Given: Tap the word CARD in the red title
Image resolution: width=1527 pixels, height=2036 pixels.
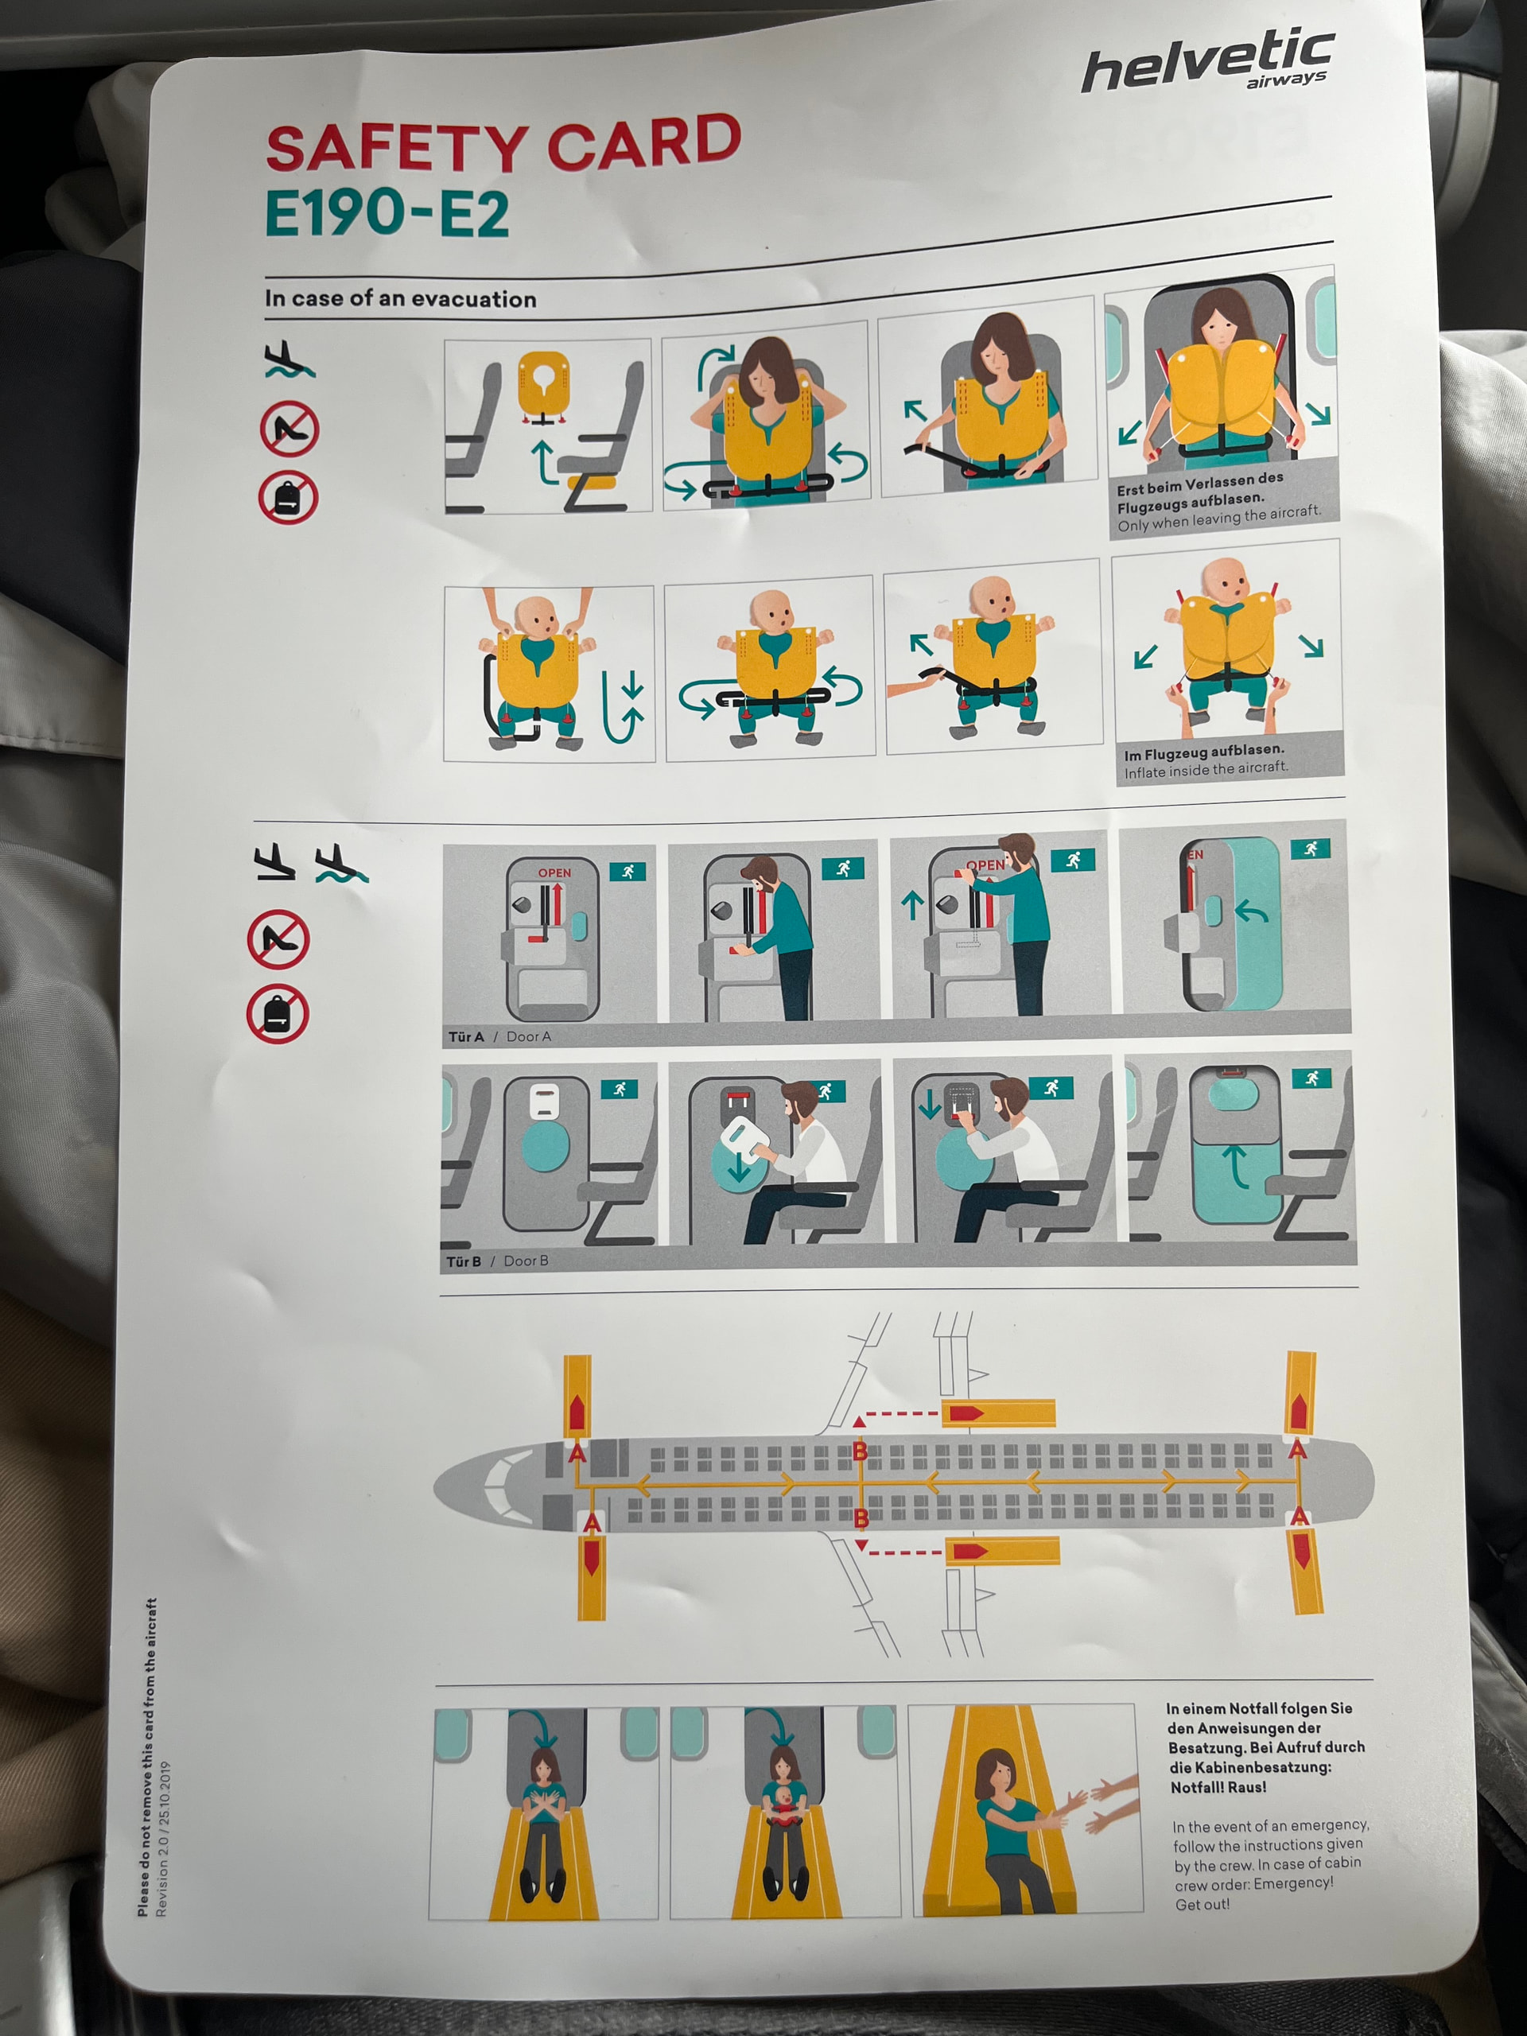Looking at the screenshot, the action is (x=643, y=142).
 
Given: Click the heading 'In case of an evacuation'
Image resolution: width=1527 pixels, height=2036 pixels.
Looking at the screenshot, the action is (x=400, y=298).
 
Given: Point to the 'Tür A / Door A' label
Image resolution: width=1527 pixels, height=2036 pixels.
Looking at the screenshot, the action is (x=499, y=1036).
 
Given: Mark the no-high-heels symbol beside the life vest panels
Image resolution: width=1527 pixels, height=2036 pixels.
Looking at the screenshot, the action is (x=289, y=429).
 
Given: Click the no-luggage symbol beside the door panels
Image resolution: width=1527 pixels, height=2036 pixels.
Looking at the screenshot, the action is (x=276, y=1013).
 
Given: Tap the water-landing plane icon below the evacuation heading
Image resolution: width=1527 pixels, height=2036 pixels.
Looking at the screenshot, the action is (x=289, y=360).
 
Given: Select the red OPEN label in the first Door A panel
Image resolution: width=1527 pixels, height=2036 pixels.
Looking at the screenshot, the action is (x=554, y=872).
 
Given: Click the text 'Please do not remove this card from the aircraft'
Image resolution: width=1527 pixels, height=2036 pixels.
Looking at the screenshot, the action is (x=147, y=1757).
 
